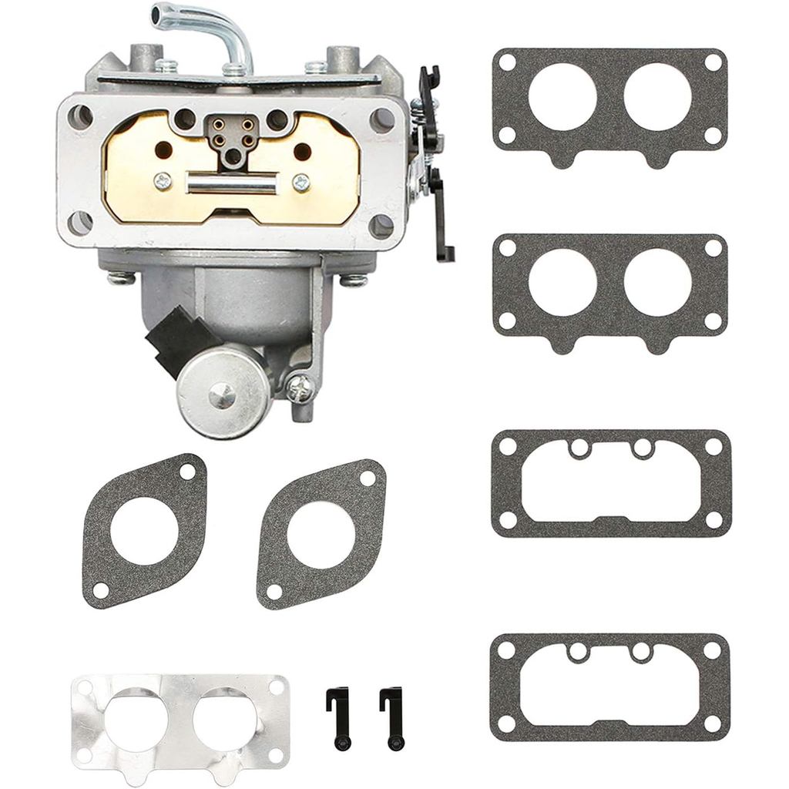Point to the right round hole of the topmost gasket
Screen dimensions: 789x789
click(x=657, y=96)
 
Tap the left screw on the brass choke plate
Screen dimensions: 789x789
click(x=162, y=182)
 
